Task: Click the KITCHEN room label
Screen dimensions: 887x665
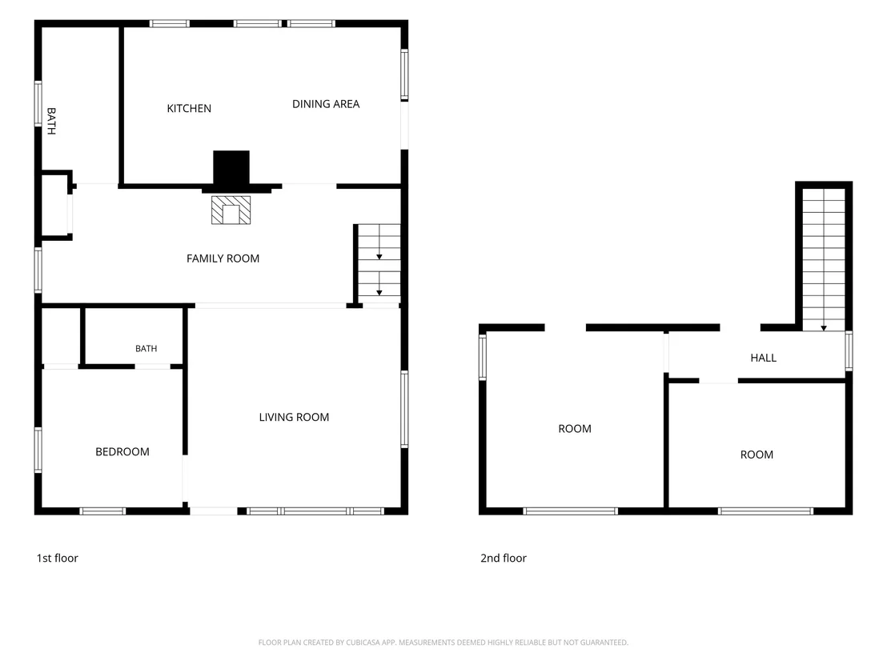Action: coord(189,109)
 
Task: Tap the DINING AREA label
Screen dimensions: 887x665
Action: coord(326,104)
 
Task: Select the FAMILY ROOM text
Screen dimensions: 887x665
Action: coord(223,258)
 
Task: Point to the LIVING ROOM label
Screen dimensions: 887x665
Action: coord(294,417)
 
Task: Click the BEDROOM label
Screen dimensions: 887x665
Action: coord(122,452)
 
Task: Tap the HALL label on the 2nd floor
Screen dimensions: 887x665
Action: coord(763,358)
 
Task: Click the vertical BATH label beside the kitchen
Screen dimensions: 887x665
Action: coord(51,121)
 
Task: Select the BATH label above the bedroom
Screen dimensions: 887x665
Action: coord(146,349)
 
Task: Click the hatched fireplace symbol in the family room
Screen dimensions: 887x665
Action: coord(231,210)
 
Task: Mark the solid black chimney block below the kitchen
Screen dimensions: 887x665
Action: coord(231,167)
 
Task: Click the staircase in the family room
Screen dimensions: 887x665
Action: coord(379,263)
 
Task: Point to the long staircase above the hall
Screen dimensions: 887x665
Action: coord(824,259)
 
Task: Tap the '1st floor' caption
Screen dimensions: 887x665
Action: coord(57,558)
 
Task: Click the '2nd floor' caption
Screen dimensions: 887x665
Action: coord(504,558)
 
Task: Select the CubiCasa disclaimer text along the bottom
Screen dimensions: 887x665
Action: coord(443,643)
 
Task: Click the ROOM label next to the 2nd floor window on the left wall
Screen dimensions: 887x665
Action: coord(575,429)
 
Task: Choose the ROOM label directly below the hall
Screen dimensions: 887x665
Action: coord(757,455)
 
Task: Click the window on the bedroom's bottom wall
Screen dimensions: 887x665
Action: coord(102,511)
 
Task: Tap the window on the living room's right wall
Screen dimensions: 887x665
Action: coord(404,409)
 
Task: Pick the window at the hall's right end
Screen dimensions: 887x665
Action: coord(849,351)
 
